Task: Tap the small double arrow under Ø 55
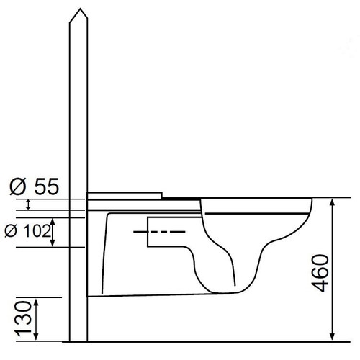click(28, 205)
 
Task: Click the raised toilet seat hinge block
click(124, 195)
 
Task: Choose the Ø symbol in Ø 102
click(11, 232)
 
